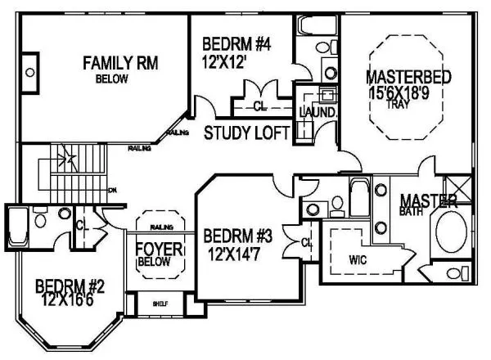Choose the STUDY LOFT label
[x=245, y=133]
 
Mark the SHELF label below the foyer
[x=160, y=304]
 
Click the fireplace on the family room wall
[x=29, y=72]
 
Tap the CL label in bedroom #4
[x=259, y=106]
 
